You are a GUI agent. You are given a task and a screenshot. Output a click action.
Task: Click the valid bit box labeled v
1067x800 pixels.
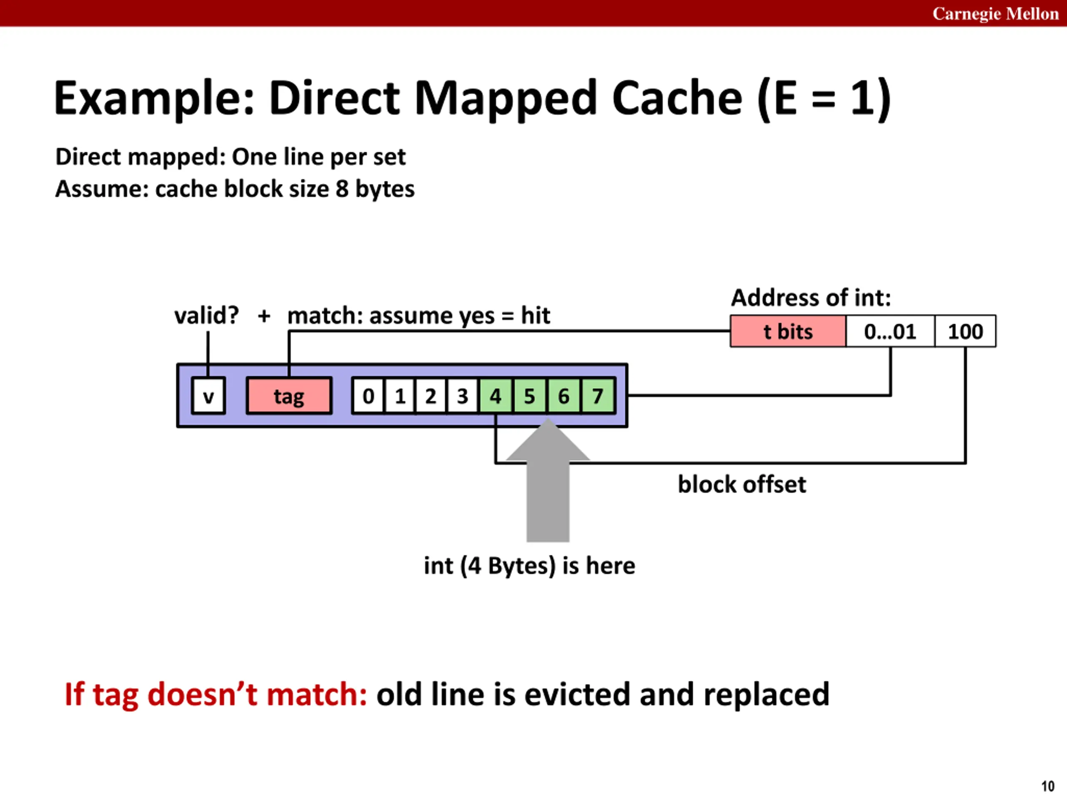[x=208, y=396]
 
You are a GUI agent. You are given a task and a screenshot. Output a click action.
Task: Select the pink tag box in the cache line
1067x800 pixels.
[x=289, y=396]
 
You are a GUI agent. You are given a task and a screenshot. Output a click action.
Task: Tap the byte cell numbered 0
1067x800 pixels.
[x=368, y=396]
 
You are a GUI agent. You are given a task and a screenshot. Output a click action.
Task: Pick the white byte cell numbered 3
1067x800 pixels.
[x=463, y=396]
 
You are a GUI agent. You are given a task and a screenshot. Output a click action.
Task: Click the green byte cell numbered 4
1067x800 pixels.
[x=496, y=396]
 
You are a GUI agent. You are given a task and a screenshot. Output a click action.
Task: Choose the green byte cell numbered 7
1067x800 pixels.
[x=598, y=396]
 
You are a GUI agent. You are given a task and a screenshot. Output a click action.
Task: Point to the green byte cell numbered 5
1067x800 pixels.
[x=529, y=396]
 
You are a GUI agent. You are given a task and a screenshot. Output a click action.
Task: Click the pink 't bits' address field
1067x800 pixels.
[x=788, y=331]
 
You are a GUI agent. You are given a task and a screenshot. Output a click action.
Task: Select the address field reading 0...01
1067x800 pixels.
[x=890, y=331]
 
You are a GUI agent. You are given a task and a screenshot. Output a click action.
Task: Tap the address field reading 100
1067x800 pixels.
[x=965, y=331]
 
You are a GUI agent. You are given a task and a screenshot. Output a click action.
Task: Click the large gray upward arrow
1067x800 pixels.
[x=548, y=480]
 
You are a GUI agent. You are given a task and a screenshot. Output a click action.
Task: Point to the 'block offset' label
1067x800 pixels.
[x=742, y=484]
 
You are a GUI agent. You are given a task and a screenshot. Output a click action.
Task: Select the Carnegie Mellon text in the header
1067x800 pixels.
[x=996, y=13]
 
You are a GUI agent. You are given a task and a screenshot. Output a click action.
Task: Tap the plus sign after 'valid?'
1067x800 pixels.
[x=264, y=316]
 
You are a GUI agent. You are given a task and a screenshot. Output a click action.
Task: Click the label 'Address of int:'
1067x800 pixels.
[x=811, y=297]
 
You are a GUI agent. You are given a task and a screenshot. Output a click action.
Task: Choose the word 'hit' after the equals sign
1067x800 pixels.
[x=536, y=315]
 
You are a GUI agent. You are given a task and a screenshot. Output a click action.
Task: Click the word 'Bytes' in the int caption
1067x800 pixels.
[x=521, y=566]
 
